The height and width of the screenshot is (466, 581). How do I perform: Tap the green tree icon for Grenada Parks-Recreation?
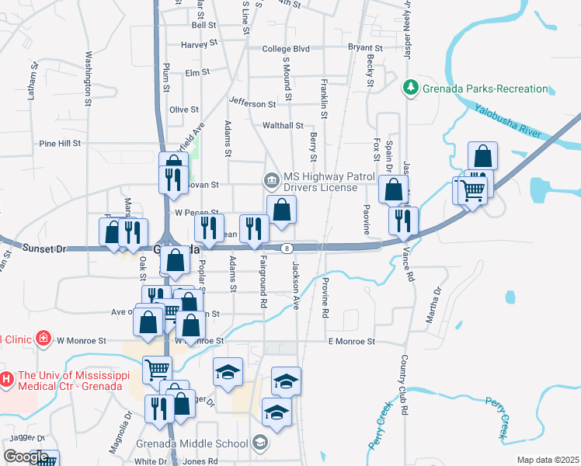pyautogui.click(x=412, y=88)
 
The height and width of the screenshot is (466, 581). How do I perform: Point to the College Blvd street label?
pyautogui.click(x=286, y=49)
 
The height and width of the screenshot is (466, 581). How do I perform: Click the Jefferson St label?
pyautogui.click(x=252, y=103)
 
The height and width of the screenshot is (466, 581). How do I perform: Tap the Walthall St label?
pyautogui.click(x=283, y=125)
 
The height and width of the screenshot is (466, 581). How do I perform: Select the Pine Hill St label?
pyautogui.click(x=60, y=144)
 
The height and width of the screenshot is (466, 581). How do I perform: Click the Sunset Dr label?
pyautogui.click(x=47, y=249)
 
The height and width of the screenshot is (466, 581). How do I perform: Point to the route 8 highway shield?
pyautogui.click(x=287, y=249)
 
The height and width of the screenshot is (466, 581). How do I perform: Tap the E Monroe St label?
pyautogui.click(x=351, y=341)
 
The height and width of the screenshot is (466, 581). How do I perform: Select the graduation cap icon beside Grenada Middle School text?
pyautogui.click(x=259, y=443)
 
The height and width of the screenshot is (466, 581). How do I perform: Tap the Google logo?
pyautogui.click(x=25, y=457)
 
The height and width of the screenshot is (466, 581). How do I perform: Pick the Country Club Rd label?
pyautogui.click(x=405, y=385)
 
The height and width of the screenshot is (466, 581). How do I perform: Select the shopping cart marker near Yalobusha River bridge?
pyautogui.click(x=473, y=190)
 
